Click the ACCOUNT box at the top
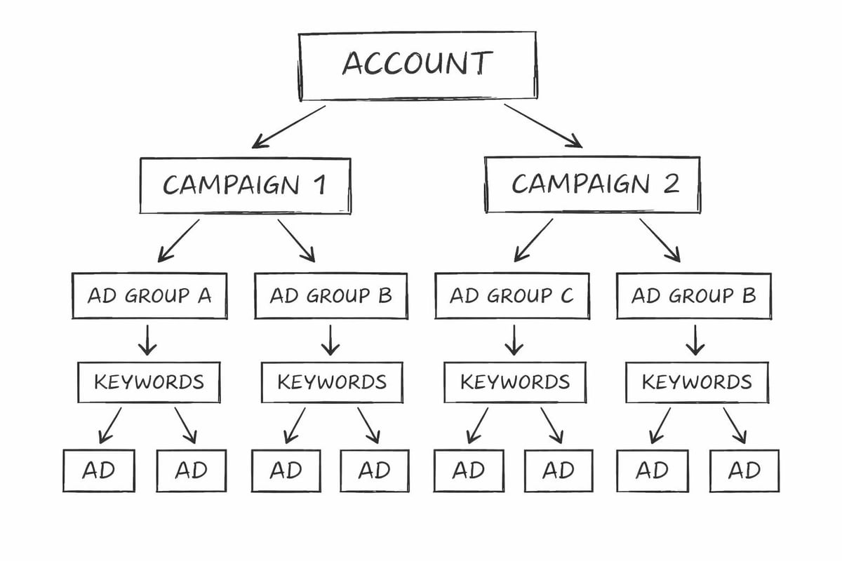coord(417,66)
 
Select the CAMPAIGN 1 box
coord(245,184)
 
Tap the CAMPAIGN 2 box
coord(592,184)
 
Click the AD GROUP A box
coord(149,296)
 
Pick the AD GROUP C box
coord(512,296)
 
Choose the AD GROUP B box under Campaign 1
coord(330,296)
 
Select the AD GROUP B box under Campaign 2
coord(693,296)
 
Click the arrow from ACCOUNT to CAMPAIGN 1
coord(288,127)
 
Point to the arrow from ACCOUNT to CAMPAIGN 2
coord(543,126)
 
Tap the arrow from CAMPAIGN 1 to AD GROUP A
coord(178,241)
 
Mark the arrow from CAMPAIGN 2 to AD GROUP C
coord(533,241)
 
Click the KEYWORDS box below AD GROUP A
coord(149,382)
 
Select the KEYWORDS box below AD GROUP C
coord(515,382)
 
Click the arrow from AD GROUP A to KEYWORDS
coord(147,340)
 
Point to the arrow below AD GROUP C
coord(514,340)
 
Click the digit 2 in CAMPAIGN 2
coord(670,184)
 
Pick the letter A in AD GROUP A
coord(204,296)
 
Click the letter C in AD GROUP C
coord(566,296)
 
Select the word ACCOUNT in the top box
coord(417,64)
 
